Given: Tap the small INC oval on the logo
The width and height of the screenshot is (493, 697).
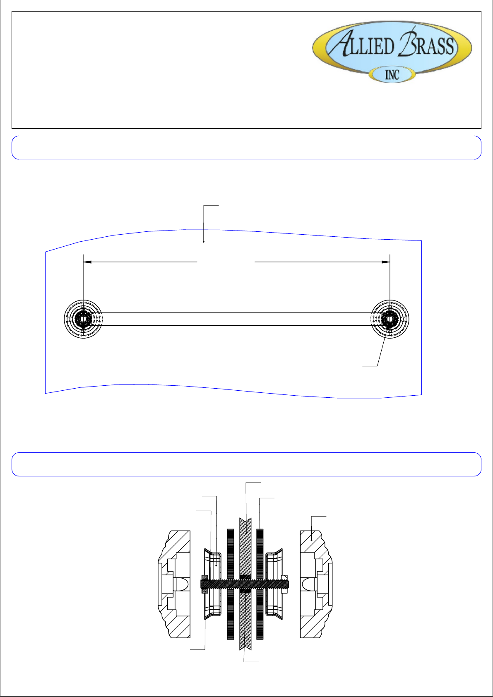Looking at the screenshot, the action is click(392, 75).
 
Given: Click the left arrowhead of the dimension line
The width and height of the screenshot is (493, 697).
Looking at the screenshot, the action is click(87, 262).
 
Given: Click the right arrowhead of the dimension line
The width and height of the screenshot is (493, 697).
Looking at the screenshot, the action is click(386, 262).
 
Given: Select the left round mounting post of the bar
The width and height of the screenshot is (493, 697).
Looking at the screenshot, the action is click(84, 319).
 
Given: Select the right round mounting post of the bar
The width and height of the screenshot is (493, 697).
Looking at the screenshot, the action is click(390, 319).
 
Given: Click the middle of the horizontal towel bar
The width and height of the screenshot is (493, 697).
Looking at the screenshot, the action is click(236, 319).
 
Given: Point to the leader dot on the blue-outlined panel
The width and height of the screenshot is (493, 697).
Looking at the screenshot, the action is click(203, 241).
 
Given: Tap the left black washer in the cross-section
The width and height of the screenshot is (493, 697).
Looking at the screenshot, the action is click(231, 550).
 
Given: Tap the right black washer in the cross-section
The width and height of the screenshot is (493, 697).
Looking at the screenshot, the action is click(260, 550).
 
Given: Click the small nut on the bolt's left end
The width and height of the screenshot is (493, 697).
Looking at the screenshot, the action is click(204, 584).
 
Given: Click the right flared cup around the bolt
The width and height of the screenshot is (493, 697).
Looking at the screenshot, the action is click(274, 563).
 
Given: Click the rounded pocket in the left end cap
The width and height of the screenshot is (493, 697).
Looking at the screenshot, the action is click(183, 584).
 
